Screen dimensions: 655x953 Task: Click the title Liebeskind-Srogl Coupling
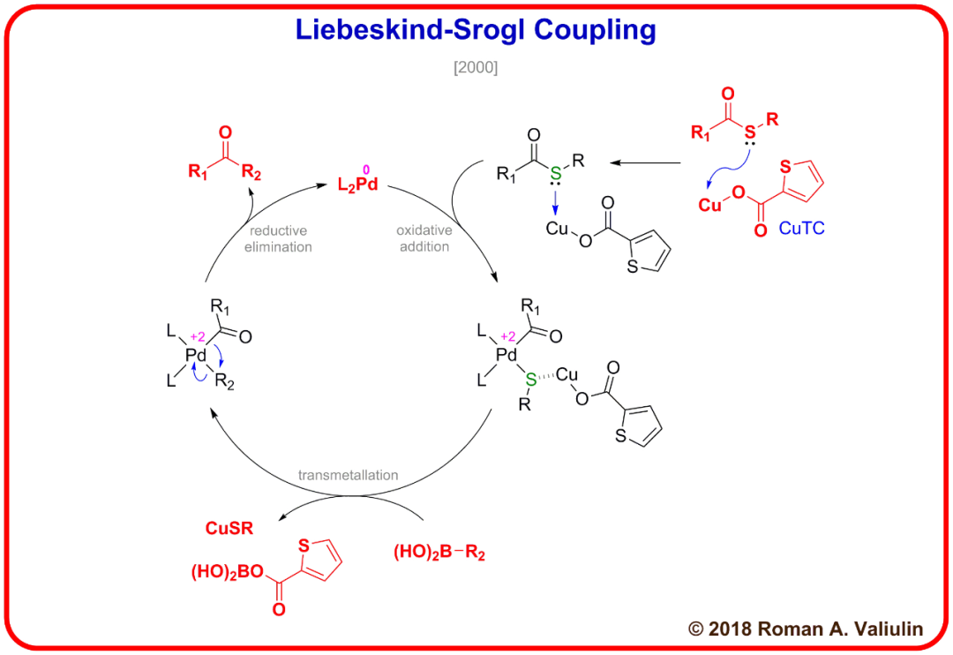pyautogui.click(x=476, y=31)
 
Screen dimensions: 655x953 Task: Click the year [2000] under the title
pyautogui.click(x=476, y=67)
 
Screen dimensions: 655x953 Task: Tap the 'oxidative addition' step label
pyautogui.click(x=424, y=238)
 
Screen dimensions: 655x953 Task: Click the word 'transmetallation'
pyautogui.click(x=348, y=475)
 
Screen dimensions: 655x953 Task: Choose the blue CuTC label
pyautogui.click(x=802, y=228)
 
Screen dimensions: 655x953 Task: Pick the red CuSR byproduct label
pyautogui.click(x=229, y=529)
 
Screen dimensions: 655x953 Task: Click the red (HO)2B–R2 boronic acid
pyautogui.click(x=439, y=553)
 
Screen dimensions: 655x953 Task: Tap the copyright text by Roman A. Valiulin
pyautogui.click(x=806, y=629)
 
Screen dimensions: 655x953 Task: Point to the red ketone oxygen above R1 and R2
pyautogui.click(x=224, y=133)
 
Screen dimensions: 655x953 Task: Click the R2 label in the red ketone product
pyautogui.click(x=251, y=172)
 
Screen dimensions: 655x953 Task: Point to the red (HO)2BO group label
pyautogui.click(x=224, y=572)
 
